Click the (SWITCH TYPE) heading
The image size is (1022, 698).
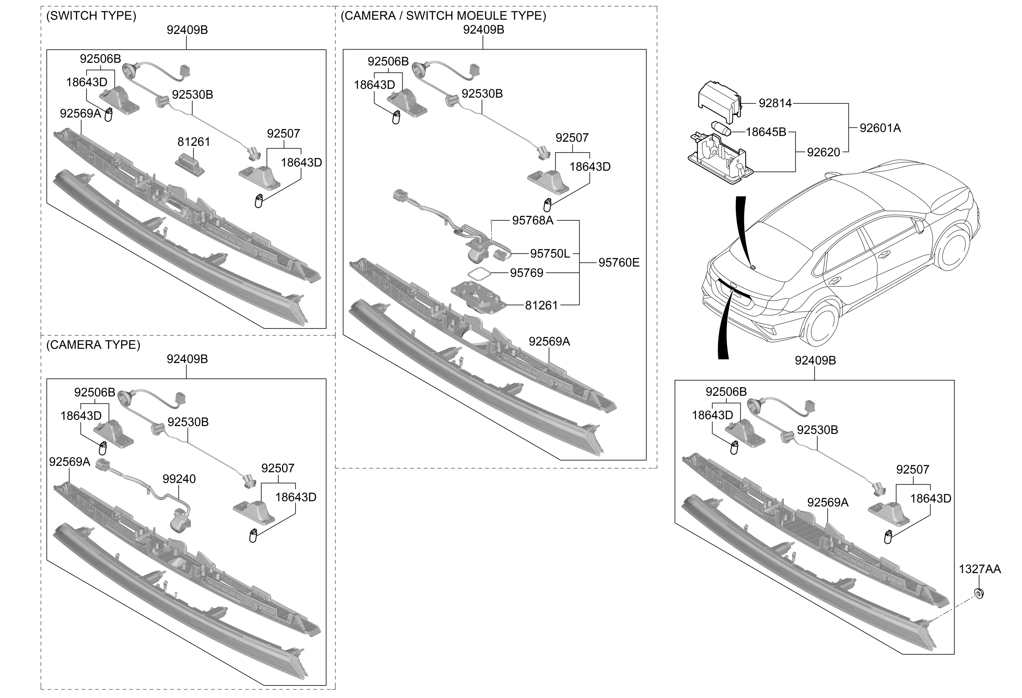click(91, 16)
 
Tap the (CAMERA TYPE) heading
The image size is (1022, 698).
click(93, 345)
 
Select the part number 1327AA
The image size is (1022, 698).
click(980, 569)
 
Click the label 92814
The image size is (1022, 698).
click(775, 103)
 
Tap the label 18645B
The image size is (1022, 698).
click(766, 132)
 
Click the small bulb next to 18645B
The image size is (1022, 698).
click(721, 129)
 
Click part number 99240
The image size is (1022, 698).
click(179, 479)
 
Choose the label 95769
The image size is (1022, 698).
click(526, 273)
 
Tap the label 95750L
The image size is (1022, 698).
click(549, 254)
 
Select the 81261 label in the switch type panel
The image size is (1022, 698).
click(193, 142)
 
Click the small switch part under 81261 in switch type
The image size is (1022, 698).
click(189, 164)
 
